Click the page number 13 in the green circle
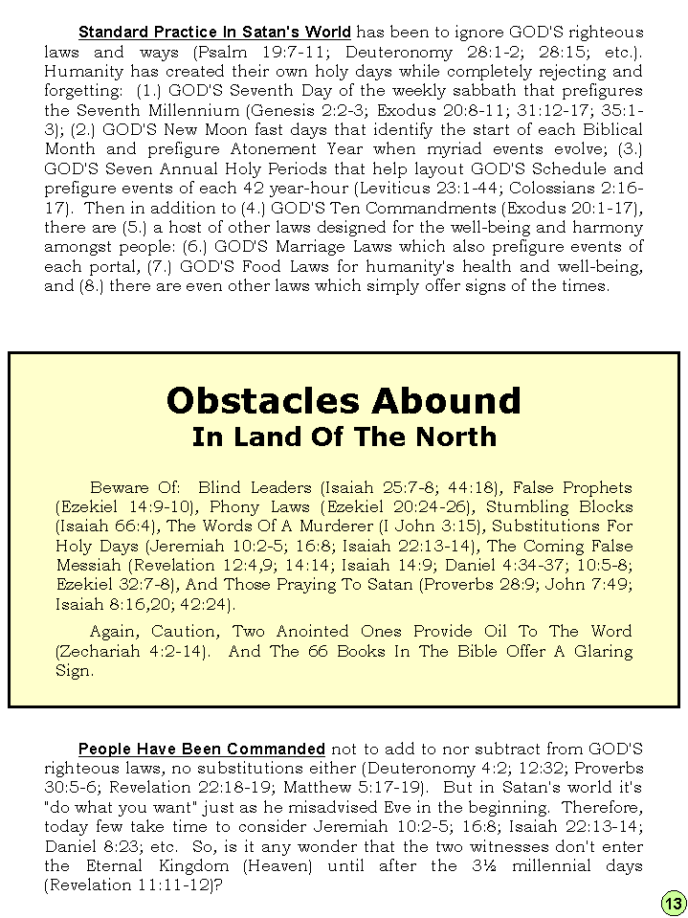(x=673, y=903)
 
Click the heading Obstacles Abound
(x=344, y=400)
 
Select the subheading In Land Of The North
(x=344, y=437)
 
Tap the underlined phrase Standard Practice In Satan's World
(x=214, y=32)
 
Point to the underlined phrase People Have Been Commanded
(x=201, y=749)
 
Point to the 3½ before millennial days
(x=497, y=866)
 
